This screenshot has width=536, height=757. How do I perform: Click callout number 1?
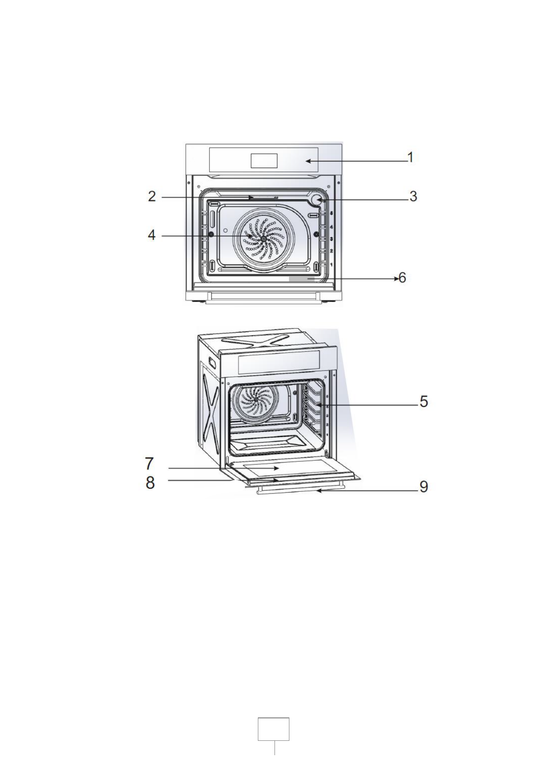(410, 157)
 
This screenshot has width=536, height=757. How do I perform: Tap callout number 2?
(152, 196)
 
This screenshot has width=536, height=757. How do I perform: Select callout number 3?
(413, 196)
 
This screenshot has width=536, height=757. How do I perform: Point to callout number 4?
(152, 235)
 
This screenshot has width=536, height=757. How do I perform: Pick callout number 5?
(424, 401)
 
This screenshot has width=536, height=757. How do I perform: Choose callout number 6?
(402, 278)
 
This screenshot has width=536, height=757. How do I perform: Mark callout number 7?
(149, 463)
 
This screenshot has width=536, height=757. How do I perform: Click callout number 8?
(150, 483)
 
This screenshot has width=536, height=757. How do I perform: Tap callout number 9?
(424, 487)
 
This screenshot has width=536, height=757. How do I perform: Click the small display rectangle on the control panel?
(264, 160)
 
